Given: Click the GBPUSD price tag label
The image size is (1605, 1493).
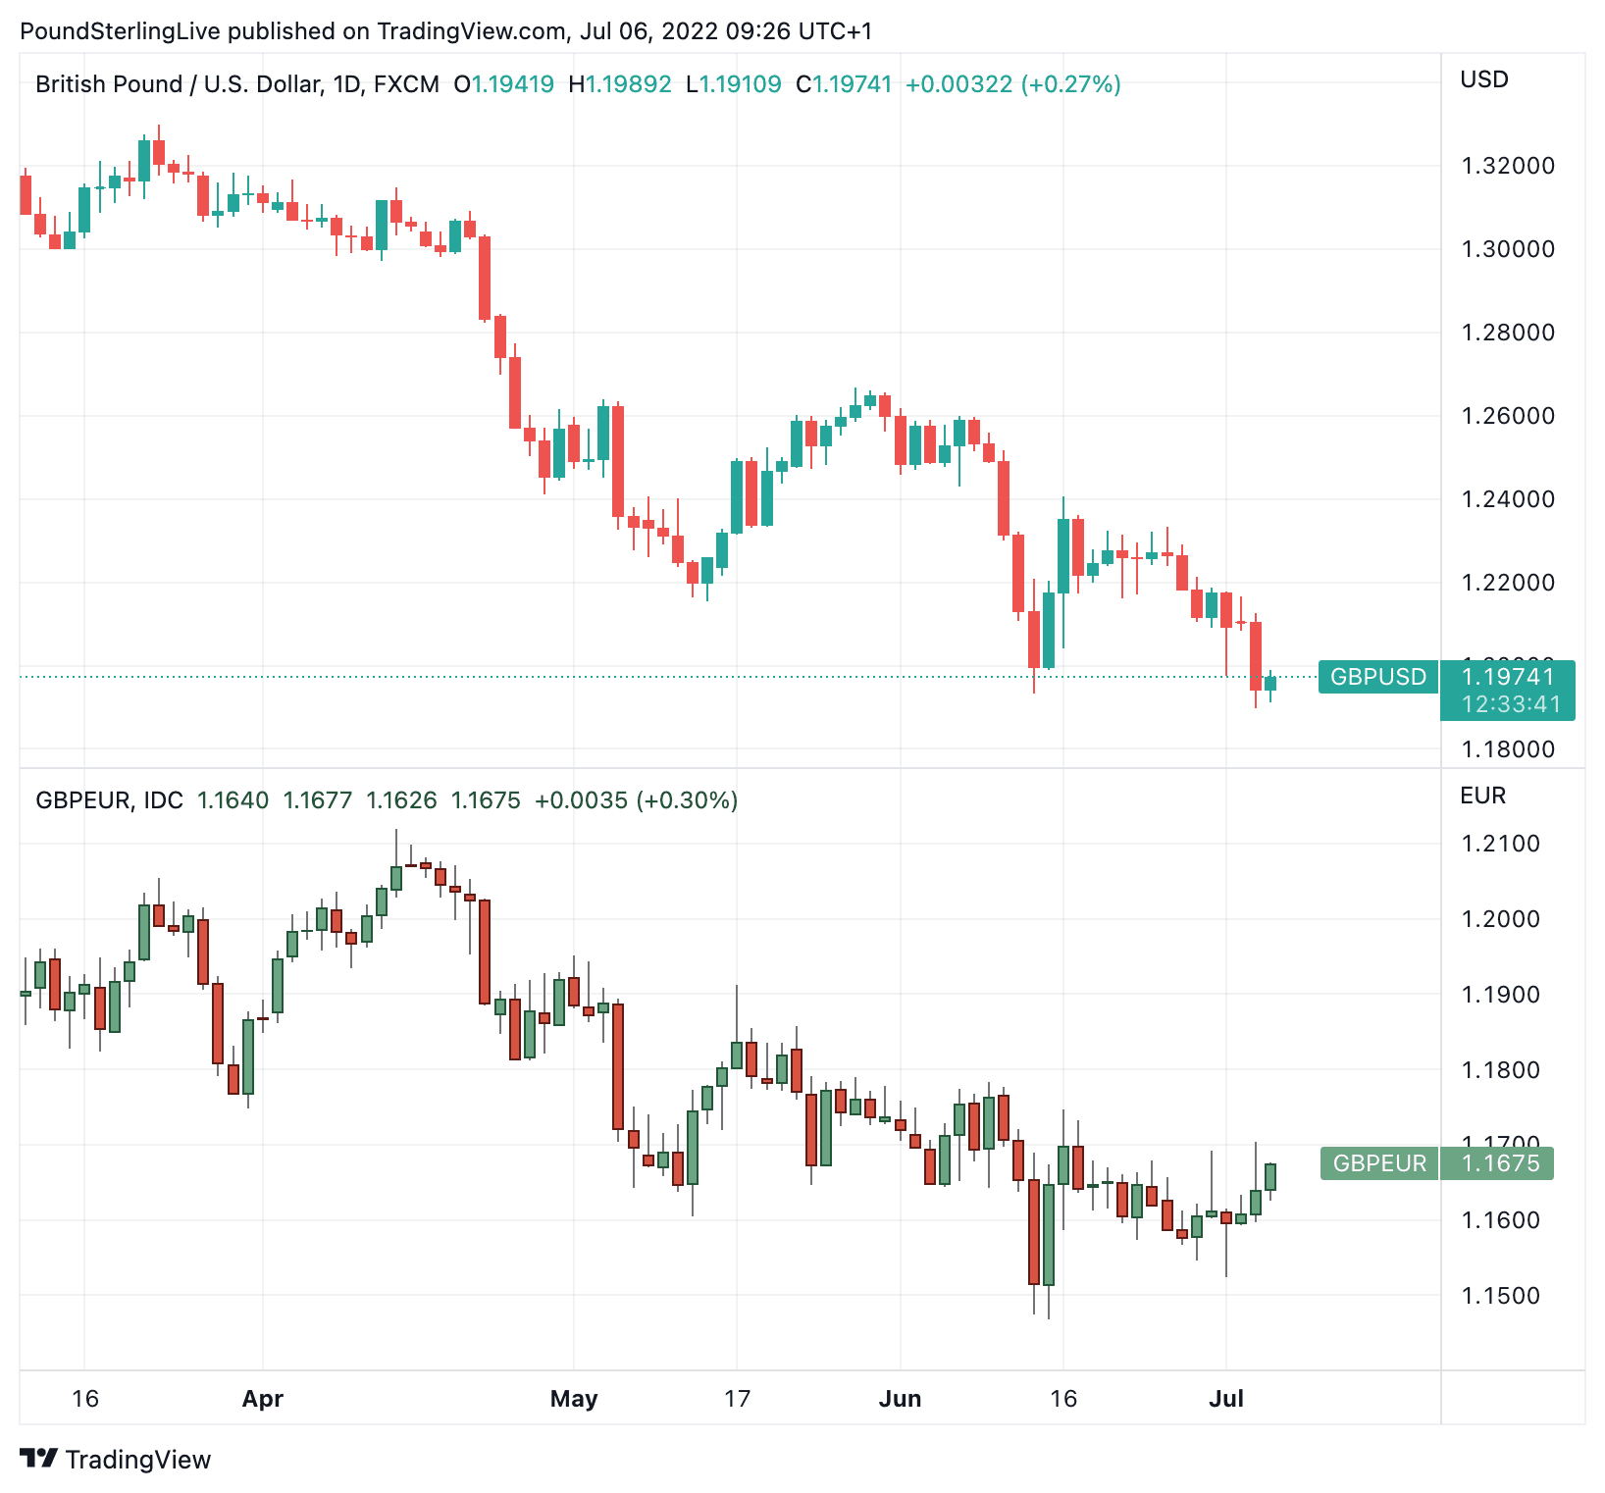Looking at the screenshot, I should (1377, 677).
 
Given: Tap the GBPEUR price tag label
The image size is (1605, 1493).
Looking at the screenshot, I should (1379, 1163).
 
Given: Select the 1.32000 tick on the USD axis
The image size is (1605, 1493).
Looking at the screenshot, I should (1508, 166).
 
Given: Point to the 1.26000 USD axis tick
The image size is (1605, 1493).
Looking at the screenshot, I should (1508, 416).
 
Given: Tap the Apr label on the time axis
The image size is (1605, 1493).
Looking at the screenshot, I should (262, 1399).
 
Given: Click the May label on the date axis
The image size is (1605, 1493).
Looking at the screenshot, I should (574, 1399).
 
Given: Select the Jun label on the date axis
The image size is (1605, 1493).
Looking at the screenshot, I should (900, 1399).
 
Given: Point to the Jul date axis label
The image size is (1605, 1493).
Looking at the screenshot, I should (1226, 1399).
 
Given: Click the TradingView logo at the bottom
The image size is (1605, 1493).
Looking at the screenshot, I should (116, 1460).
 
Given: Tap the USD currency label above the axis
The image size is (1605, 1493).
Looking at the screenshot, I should (1483, 80).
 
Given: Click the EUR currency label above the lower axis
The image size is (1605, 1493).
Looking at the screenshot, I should (1482, 796).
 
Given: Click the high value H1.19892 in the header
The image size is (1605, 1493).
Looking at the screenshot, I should (620, 84).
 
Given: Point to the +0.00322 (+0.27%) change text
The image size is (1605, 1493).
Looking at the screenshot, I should (1012, 84).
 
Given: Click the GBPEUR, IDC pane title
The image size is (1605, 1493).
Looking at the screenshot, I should (109, 800).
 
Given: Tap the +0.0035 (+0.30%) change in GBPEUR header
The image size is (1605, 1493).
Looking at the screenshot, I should (636, 800).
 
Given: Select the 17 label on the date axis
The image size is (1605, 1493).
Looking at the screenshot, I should (737, 1399).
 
